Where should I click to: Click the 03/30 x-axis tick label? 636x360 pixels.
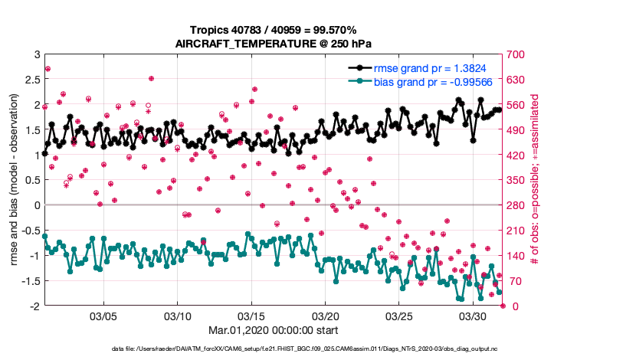pos(473,316)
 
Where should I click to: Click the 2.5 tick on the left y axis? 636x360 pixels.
pos(32,80)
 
